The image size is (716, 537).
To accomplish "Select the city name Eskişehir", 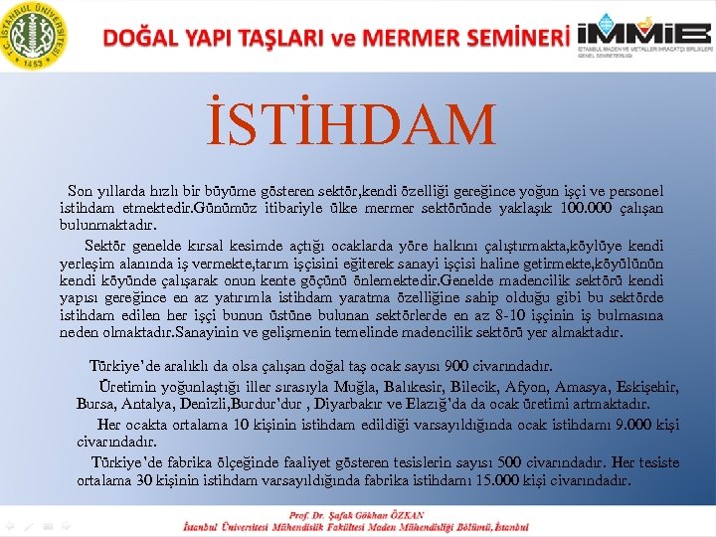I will click(643, 386).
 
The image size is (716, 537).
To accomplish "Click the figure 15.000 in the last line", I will click(497, 481).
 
